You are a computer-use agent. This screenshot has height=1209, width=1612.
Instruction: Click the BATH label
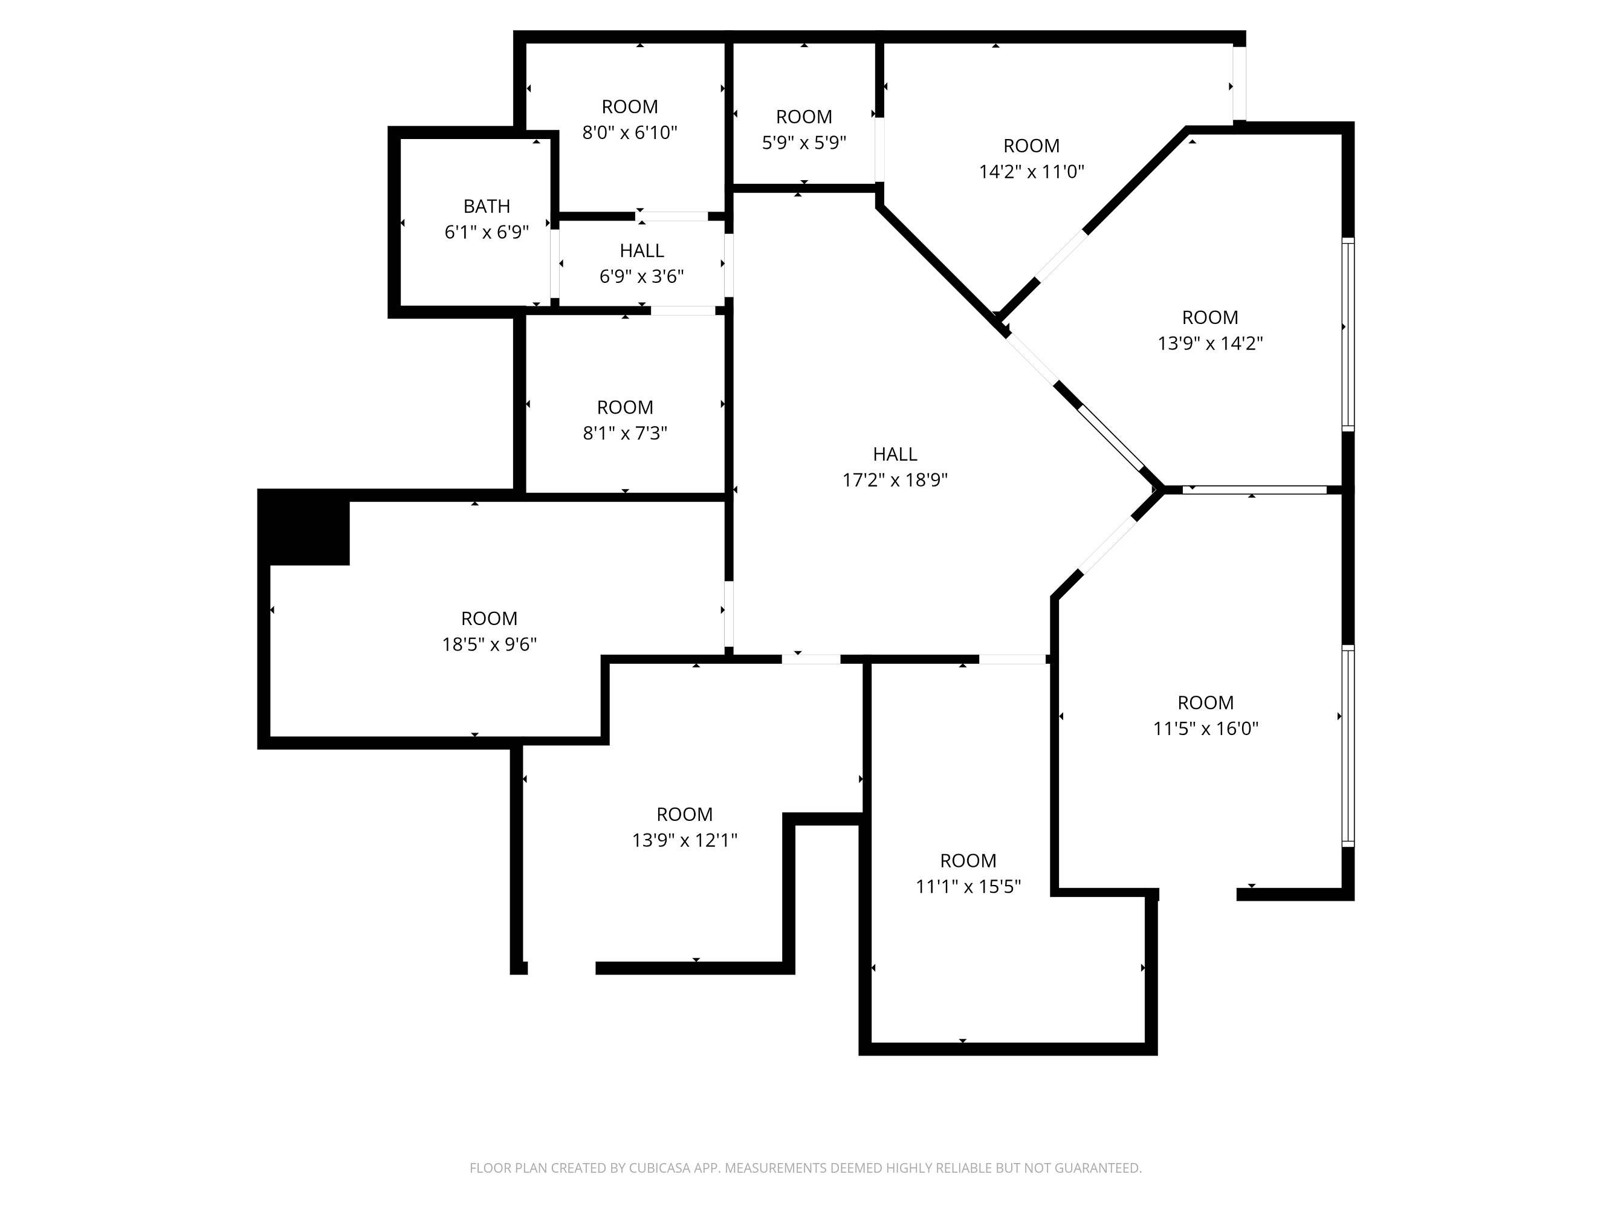click(x=487, y=206)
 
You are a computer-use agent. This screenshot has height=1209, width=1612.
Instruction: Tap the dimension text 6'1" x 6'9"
click(x=487, y=232)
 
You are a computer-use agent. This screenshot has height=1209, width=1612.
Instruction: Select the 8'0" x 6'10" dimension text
click(x=630, y=132)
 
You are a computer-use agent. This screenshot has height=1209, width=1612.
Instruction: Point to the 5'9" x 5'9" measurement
click(x=804, y=142)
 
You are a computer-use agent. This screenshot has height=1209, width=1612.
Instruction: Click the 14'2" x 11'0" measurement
click(x=1031, y=171)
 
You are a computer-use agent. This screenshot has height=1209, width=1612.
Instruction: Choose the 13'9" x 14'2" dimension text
click(x=1209, y=343)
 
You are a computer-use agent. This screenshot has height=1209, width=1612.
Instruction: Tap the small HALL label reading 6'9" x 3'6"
click(x=641, y=251)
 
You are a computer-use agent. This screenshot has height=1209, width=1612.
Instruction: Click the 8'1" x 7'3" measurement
click(x=624, y=433)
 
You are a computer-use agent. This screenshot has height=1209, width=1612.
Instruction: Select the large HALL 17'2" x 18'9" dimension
click(x=895, y=479)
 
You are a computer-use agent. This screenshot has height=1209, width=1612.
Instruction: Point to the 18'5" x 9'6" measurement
click(x=489, y=644)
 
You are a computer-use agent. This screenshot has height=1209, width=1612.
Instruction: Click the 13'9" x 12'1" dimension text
click(x=684, y=840)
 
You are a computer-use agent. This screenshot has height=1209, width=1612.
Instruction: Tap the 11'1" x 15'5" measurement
click(x=968, y=886)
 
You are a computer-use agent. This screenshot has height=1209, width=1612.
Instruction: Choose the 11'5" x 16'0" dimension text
click(x=1205, y=728)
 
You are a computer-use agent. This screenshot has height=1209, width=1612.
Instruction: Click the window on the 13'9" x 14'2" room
click(x=1348, y=334)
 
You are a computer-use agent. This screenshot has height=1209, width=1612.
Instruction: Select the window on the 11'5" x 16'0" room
click(x=1348, y=746)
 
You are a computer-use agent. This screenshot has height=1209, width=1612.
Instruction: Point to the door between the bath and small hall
click(x=555, y=263)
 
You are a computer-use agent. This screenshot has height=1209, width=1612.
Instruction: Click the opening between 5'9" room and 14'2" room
click(x=879, y=149)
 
